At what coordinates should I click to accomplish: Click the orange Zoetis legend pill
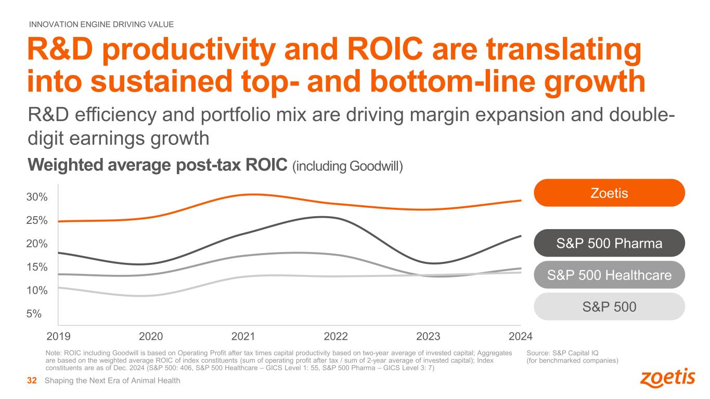609,193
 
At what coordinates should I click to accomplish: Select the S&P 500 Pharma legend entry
609,243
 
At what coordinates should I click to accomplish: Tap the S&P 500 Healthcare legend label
609,275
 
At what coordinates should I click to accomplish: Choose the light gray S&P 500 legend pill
609,307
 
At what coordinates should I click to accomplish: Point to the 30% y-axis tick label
37,197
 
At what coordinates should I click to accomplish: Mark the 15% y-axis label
37,267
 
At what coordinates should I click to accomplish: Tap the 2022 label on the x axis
335,336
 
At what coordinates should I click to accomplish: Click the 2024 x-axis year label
521,336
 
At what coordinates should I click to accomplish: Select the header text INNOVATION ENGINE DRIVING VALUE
101,24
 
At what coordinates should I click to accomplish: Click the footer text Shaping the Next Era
112,381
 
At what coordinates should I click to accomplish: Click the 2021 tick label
243,336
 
